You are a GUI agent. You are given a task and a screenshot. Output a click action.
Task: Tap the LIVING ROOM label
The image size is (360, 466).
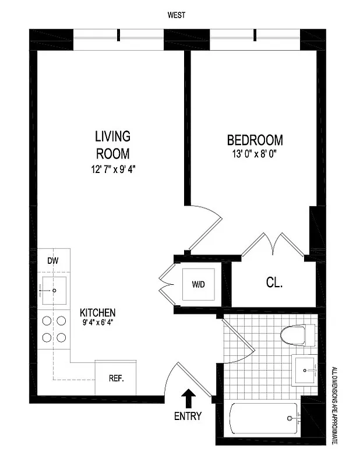tap(112, 144)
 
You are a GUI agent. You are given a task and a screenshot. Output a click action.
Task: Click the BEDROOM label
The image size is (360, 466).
tap(255, 140)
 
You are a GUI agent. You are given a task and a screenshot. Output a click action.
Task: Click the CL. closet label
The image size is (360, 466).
tap(274, 284)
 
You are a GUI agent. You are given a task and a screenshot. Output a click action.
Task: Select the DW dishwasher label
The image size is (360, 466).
tap(52, 261)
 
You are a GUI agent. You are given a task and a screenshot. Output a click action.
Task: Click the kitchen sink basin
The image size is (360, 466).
tap(53, 290)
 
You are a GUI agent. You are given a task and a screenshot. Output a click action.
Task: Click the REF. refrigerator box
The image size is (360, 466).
tap(115, 377)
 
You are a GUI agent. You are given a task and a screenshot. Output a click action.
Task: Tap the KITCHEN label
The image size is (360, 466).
tap(97, 312)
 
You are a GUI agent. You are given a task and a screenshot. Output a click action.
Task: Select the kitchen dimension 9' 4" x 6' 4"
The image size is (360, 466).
tap(97, 322)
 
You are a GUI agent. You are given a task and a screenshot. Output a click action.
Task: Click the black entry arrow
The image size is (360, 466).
tap(188, 399)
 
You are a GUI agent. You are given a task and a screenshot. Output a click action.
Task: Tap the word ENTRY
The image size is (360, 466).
tap(188, 416)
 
